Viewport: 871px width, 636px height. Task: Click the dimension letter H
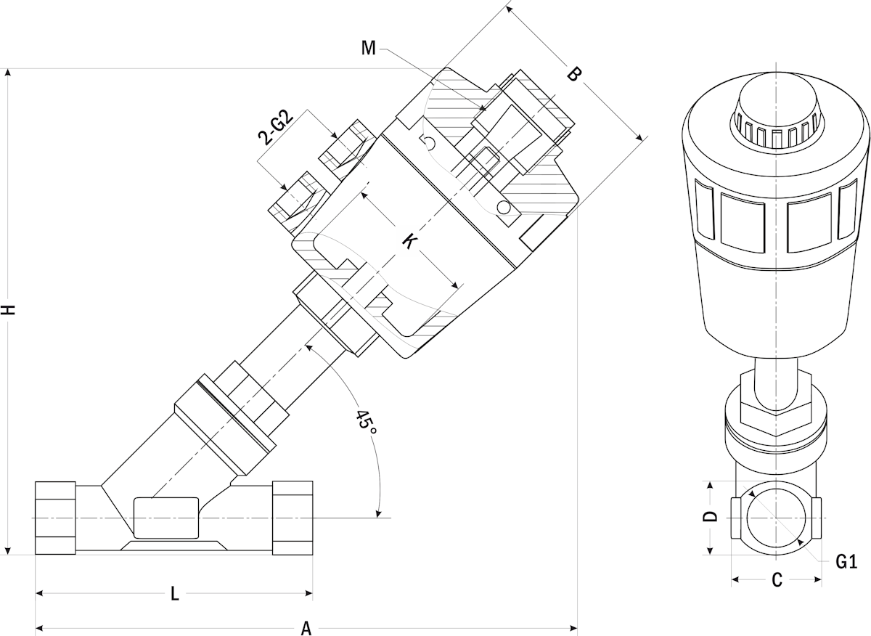click(8, 309)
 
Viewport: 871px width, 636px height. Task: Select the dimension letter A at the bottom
click(306, 628)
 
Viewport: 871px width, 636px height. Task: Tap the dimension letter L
click(174, 594)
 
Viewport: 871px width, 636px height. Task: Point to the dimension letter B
click(573, 74)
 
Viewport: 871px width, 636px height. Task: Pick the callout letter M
click(369, 49)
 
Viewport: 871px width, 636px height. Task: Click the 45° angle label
click(365, 423)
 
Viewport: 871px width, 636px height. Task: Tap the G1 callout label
click(846, 561)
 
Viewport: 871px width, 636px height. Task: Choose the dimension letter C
click(776, 580)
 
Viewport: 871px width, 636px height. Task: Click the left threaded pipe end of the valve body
click(56, 518)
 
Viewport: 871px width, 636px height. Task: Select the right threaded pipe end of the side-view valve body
click(292, 518)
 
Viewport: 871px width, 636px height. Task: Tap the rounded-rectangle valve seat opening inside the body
click(165, 517)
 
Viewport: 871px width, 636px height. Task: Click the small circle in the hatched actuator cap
click(503, 208)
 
